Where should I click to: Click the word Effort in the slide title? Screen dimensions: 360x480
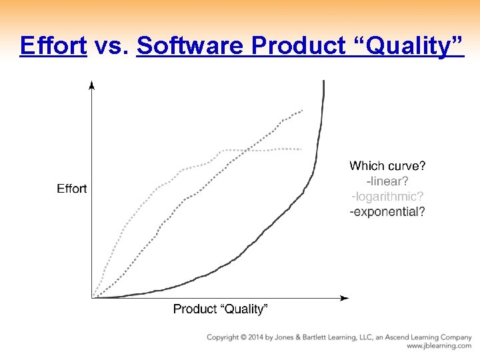(53, 46)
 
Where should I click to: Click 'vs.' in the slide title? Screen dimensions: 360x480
(111, 46)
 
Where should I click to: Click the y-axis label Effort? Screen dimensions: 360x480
(71, 189)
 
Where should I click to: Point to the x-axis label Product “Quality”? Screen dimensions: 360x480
(220, 309)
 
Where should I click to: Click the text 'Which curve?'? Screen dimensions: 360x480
(387, 165)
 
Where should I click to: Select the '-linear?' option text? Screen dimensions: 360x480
(387, 181)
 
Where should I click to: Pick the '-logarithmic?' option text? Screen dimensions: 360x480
(387, 196)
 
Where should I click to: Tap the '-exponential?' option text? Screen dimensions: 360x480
(387, 212)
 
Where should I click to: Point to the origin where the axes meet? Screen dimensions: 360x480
(92, 297)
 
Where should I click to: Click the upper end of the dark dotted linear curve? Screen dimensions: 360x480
(303, 110)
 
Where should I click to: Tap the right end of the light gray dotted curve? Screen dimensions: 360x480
(301, 149)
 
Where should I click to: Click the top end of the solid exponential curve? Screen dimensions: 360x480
(323, 82)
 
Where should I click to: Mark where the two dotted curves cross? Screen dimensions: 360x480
(245, 150)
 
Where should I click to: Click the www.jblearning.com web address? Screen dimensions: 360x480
(439, 346)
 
